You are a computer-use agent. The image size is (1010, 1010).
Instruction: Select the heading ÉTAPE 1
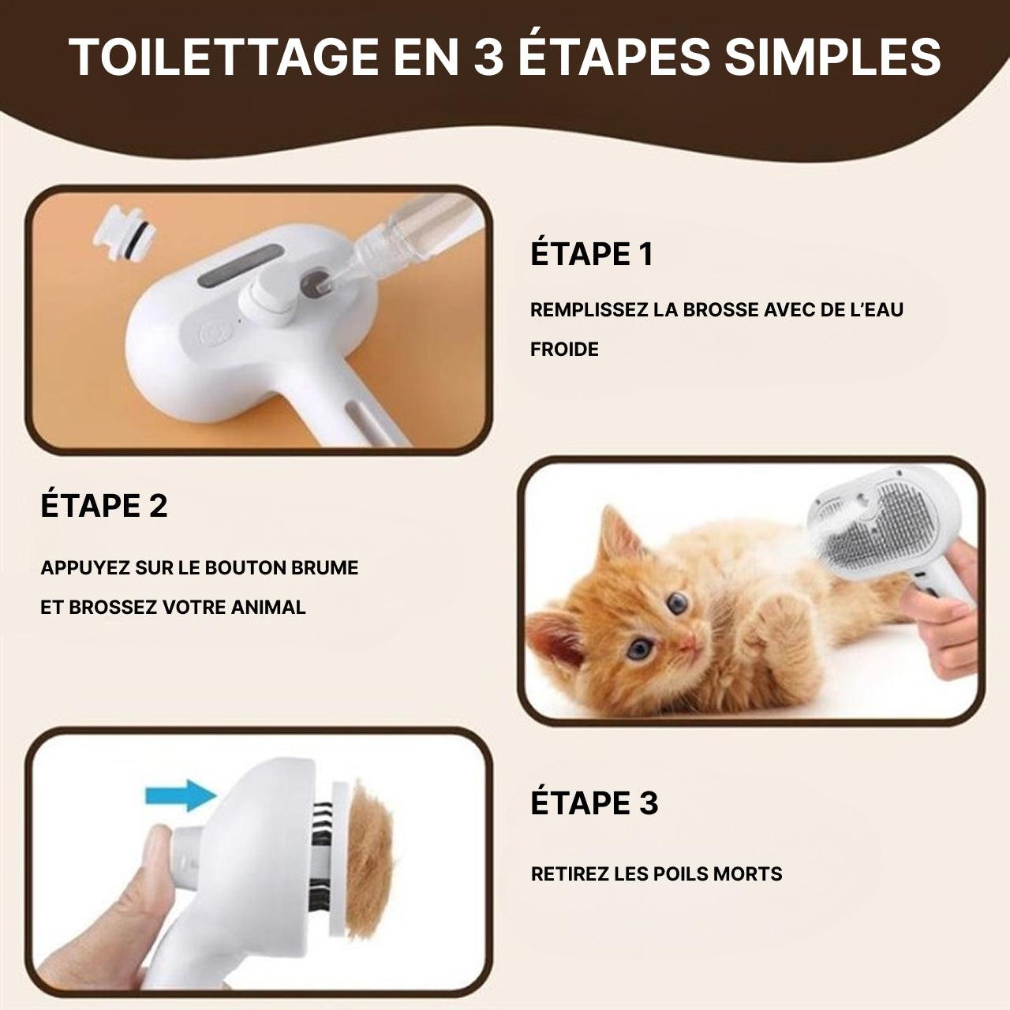coord(592,254)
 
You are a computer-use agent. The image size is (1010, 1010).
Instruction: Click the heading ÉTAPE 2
coord(104,506)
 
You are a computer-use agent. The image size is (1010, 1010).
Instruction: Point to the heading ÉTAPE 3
coord(594,803)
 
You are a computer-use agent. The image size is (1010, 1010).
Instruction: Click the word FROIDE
coord(564,349)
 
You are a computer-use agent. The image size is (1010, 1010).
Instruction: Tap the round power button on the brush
coord(213,333)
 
